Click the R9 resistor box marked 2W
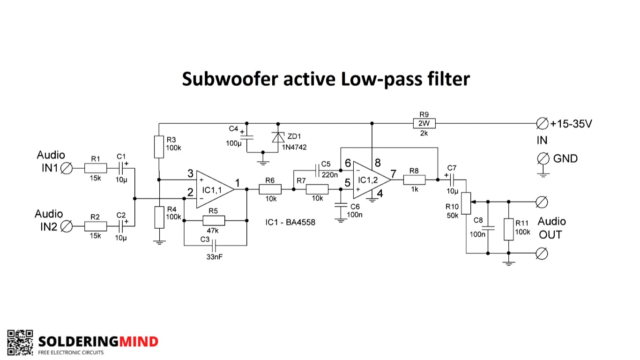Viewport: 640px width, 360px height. coord(424,123)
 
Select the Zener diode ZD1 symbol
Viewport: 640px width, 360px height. coord(278,137)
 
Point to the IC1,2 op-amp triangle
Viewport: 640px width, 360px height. coord(372,180)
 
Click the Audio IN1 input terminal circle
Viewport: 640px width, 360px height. coord(67,168)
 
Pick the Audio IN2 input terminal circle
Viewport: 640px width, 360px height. coord(67,226)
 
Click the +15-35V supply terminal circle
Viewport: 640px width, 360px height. coord(542,124)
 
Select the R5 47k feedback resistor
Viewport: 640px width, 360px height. coord(214,220)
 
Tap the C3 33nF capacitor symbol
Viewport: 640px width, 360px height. coord(214,245)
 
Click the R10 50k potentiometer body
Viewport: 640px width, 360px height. coord(466,203)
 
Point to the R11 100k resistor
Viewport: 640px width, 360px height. coord(508,229)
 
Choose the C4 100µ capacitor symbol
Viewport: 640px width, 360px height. coord(247,137)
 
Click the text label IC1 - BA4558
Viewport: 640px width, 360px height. coord(290,222)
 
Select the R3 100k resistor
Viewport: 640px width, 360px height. coord(159,147)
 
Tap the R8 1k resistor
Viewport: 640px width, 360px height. coord(414,180)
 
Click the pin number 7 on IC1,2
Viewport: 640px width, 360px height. coord(394,173)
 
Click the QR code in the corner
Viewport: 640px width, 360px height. coord(20,343)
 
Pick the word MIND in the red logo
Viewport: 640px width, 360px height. coord(138,341)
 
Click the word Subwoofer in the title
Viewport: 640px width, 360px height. coord(230,79)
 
